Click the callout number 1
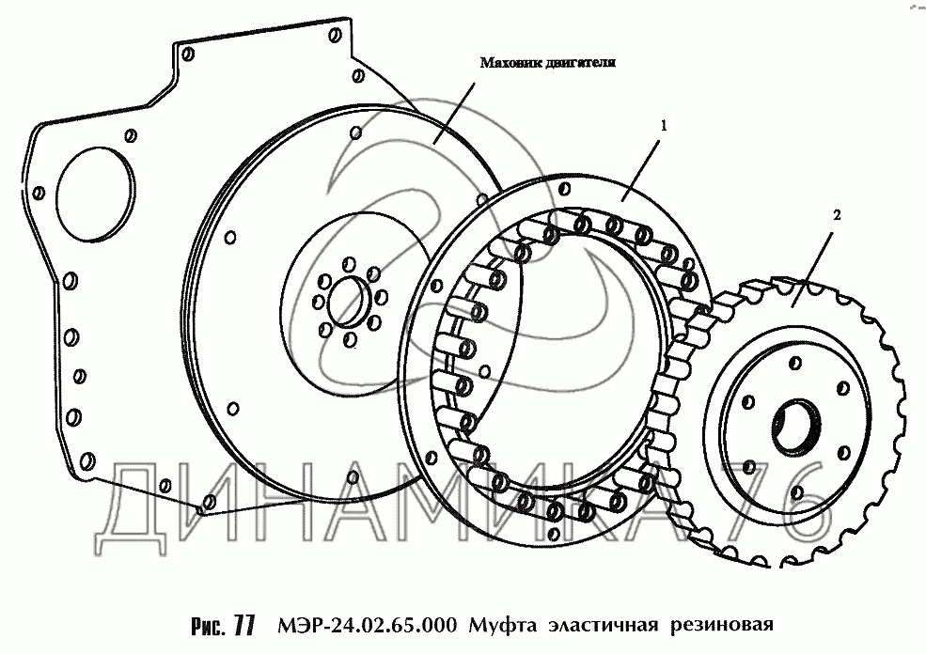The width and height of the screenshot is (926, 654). (x=663, y=125)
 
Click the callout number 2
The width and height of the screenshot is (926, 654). (x=837, y=215)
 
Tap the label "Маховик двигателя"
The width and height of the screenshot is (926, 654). (x=547, y=63)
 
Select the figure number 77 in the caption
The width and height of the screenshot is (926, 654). (x=243, y=626)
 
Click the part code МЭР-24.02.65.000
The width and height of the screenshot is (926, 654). (x=366, y=625)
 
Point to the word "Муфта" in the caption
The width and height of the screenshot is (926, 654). (x=503, y=626)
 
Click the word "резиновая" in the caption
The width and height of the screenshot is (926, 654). (x=721, y=626)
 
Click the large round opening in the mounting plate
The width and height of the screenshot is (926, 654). (x=95, y=194)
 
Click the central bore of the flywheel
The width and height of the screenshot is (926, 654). (x=349, y=302)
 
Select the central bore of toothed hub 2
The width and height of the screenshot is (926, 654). (x=796, y=427)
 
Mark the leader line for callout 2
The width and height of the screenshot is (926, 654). (x=812, y=269)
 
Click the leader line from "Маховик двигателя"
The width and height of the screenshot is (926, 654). (x=454, y=113)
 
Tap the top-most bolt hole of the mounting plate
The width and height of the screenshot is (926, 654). (x=336, y=35)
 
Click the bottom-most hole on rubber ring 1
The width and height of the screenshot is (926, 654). (x=554, y=534)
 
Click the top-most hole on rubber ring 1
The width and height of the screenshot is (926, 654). (x=564, y=189)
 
